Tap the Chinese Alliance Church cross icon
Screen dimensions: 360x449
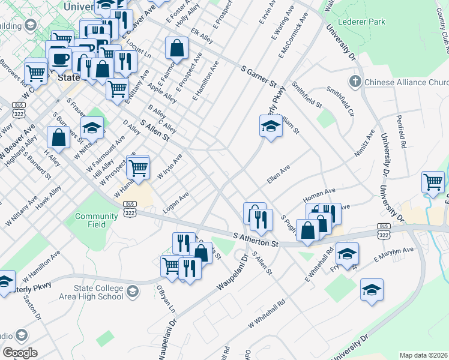pos(355,81)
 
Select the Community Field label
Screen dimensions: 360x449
pos(91,220)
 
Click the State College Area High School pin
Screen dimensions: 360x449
pos(132,292)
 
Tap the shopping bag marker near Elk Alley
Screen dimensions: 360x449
pos(177,48)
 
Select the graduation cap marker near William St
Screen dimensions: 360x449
pos(271,126)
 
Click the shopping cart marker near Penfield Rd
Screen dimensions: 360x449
pos(433,181)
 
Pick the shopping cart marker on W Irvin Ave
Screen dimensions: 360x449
pos(138,167)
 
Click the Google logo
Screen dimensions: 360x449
pos(20,352)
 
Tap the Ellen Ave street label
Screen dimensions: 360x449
pos(279,174)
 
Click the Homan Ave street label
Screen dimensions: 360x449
pos(319,193)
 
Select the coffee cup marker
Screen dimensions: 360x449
pos(59,59)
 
